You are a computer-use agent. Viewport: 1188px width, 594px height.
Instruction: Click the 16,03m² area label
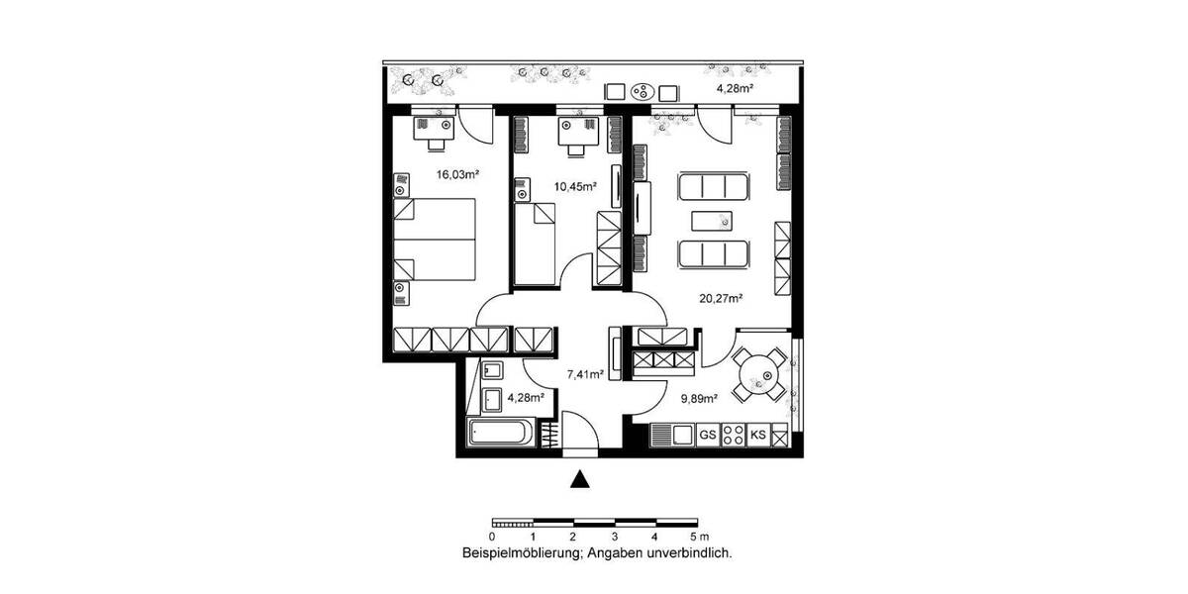[457, 174]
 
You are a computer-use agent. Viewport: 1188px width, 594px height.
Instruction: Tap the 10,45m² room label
[548, 187]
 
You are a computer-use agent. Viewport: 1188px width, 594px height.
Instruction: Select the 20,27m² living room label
[722, 296]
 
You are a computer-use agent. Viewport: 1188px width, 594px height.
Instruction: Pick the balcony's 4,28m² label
[736, 88]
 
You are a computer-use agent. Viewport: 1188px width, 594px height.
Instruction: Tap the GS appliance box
[708, 435]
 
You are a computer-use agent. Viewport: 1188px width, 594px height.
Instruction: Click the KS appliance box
[759, 435]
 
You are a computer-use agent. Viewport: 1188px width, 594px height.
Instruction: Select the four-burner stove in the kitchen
[734, 435]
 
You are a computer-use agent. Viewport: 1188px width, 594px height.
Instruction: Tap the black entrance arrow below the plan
[581, 480]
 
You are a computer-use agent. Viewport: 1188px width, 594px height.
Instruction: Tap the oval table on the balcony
[643, 93]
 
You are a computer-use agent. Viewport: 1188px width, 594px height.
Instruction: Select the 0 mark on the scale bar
[492, 536]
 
